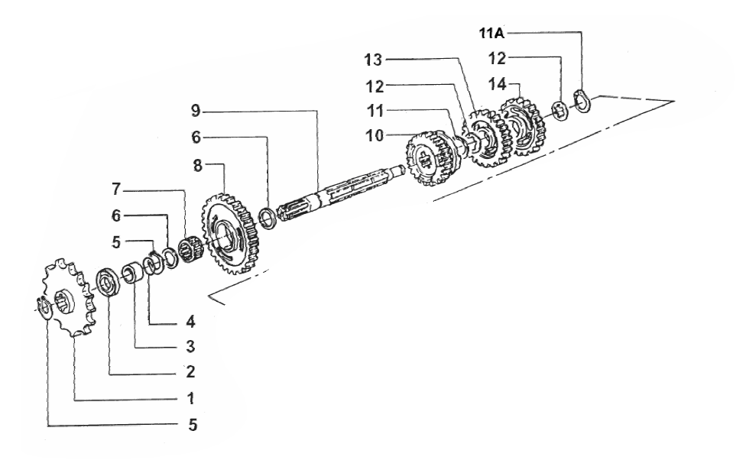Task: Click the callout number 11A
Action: pyautogui.click(x=491, y=34)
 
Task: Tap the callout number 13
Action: pyautogui.click(x=374, y=60)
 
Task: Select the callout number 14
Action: pyautogui.click(x=498, y=85)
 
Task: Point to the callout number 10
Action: pyautogui.click(x=374, y=136)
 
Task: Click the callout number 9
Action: pyautogui.click(x=196, y=112)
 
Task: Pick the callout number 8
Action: pyautogui.click(x=198, y=166)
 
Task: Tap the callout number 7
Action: pyautogui.click(x=116, y=190)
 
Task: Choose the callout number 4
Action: pyautogui.click(x=190, y=322)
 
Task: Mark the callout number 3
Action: pyautogui.click(x=190, y=347)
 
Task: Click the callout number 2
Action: pyautogui.click(x=190, y=372)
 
